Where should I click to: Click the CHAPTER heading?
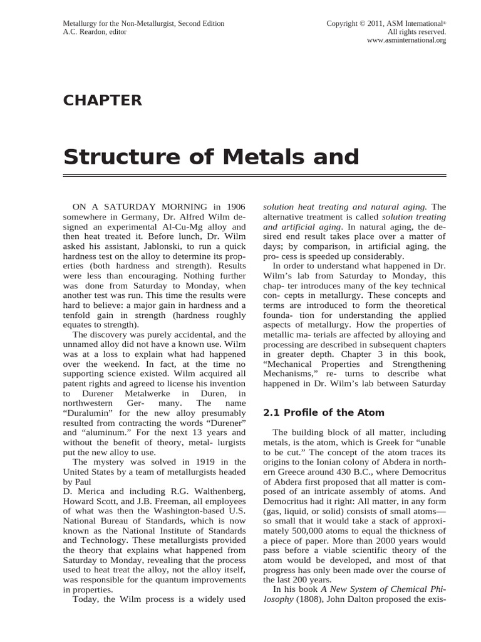[x=103, y=100]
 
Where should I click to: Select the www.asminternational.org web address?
[x=406, y=41]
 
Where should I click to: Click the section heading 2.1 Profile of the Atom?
[x=323, y=413]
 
